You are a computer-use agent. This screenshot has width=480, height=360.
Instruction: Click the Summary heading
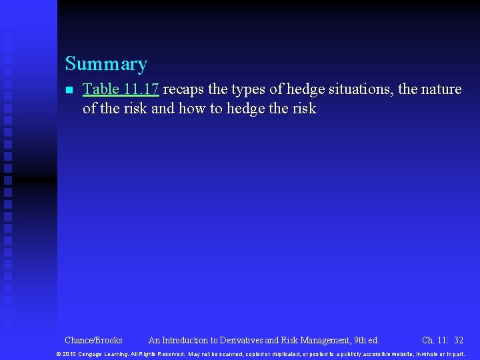[106, 64]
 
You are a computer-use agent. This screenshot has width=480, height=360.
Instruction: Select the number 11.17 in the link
[141, 89]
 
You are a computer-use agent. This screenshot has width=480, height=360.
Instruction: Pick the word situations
[363, 89]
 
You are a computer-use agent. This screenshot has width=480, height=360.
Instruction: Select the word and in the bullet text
[162, 108]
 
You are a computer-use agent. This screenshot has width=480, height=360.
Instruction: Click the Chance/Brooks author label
[93, 340]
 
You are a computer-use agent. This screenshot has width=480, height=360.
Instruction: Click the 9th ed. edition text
[366, 340]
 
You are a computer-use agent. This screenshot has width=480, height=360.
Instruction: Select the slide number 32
[459, 340]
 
